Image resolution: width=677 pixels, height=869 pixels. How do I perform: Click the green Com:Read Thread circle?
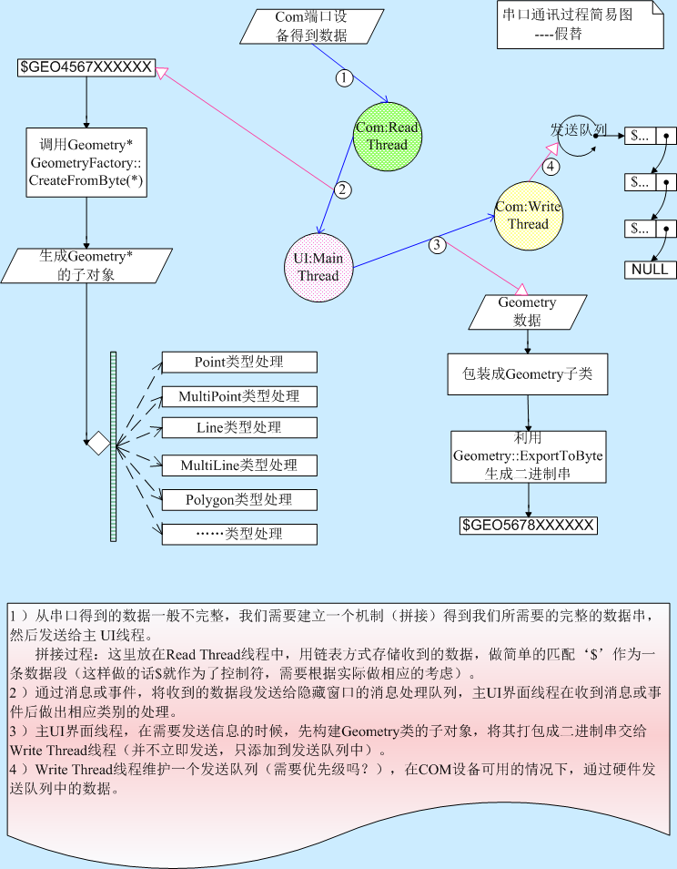click(387, 136)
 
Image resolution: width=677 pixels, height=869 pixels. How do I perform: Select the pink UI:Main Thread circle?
click(317, 267)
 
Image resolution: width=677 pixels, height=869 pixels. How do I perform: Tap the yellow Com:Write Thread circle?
click(528, 216)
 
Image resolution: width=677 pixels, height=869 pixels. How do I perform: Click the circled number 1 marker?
click(343, 78)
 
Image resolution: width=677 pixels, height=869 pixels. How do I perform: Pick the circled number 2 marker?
click(342, 190)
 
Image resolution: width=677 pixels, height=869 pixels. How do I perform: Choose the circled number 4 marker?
click(549, 166)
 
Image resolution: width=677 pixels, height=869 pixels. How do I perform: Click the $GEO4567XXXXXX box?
click(86, 67)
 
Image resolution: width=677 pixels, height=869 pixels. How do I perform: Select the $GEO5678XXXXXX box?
click(528, 526)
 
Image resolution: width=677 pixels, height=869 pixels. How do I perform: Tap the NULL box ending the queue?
click(651, 270)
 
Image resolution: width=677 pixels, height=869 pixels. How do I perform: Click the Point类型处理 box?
click(239, 362)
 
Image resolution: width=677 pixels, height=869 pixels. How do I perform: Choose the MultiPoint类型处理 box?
click(239, 396)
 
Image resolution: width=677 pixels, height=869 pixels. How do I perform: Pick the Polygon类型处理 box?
click(239, 500)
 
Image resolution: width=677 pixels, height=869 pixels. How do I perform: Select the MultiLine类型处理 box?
click(239, 465)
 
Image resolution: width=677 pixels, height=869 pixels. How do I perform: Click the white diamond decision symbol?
click(97, 444)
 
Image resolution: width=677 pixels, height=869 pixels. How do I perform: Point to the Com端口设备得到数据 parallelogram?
click(312, 26)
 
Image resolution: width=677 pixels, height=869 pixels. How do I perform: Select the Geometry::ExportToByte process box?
click(528, 455)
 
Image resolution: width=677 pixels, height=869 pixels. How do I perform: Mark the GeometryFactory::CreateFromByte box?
click(86, 162)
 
